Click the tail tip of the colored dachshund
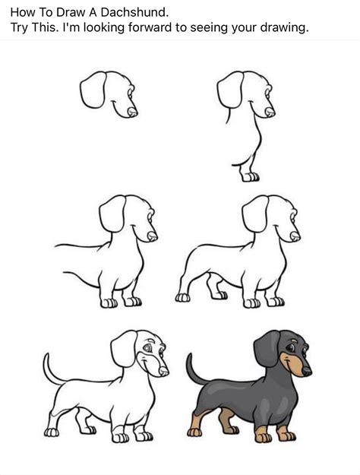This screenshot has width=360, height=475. [x=189, y=357]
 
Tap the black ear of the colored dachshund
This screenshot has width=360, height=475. [x=267, y=350]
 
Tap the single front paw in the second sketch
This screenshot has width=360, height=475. [x=249, y=176]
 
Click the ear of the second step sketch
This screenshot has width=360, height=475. [x=229, y=90]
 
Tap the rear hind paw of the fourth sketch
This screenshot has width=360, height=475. [x=182, y=297]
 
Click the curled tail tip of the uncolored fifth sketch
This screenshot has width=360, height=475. [x=47, y=357]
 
